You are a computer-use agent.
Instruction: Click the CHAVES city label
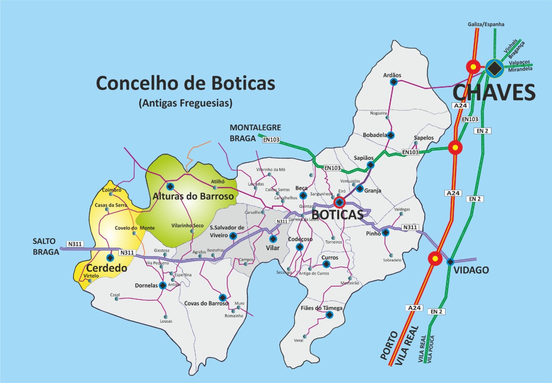coord(494,92)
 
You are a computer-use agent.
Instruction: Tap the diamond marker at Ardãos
coord(393,82)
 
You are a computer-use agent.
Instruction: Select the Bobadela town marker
coord(391,135)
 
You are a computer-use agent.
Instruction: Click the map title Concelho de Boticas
coord(185,83)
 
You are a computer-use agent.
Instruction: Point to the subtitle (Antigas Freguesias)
coord(185,104)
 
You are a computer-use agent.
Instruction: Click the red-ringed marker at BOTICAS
coord(340,202)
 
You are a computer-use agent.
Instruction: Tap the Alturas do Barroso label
coord(193,196)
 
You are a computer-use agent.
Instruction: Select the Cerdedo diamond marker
coord(110,257)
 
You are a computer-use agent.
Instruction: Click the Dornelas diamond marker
coord(163,285)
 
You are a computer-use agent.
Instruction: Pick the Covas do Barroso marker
coord(223,298)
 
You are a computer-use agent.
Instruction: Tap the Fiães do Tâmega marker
coord(329,315)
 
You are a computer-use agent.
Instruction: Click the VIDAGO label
coord(471,270)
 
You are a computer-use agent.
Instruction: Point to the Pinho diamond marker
coord(386,232)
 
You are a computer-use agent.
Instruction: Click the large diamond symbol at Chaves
coord(494,68)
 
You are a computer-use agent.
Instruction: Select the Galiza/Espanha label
coord(486,25)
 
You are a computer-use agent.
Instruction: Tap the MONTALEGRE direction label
coord(255,128)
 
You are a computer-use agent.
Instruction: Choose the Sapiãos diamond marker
coord(370,165)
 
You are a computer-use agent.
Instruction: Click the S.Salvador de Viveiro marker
coord(233,235)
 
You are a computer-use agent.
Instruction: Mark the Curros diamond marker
coord(326,264)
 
